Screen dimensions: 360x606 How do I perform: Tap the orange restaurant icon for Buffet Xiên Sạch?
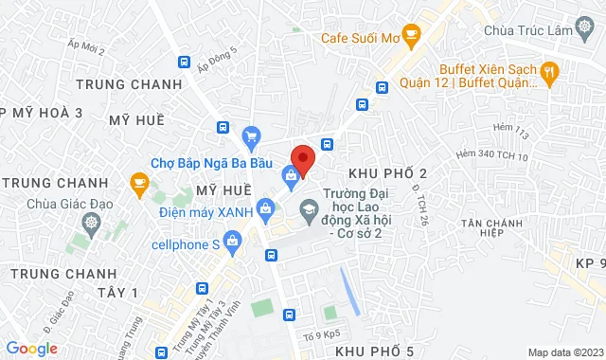click(x=548, y=71)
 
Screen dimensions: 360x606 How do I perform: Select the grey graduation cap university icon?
click(x=309, y=207)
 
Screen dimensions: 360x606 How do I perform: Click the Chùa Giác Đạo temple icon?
click(x=91, y=224)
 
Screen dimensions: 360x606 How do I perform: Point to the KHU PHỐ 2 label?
click(x=388, y=172)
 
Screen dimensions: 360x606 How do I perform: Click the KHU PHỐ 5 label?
click(x=375, y=351)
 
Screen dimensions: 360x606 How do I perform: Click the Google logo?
click(x=31, y=349)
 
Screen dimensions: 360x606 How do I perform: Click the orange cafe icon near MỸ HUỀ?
click(x=139, y=181)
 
